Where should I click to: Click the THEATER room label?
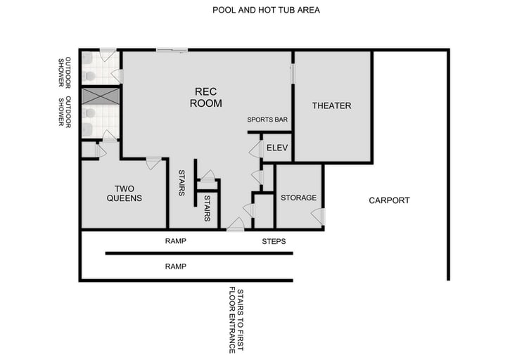coord(331,106)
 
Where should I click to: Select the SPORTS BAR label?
coord(267,120)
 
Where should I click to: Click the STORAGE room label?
coord(298,198)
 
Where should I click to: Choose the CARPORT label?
coord(389,200)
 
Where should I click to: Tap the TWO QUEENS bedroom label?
coord(124,193)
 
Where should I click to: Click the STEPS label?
coord(273,241)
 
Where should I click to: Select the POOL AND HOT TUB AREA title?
coord(257,11)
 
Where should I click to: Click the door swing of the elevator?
coord(255,149)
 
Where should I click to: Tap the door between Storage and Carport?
coord(318,217)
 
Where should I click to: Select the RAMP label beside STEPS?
coord(175,241)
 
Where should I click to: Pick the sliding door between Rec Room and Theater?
coord(292,74)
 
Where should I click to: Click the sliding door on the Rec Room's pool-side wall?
coord(172,49)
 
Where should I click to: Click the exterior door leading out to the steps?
coord(235,226)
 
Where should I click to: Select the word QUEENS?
coord(124,198)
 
